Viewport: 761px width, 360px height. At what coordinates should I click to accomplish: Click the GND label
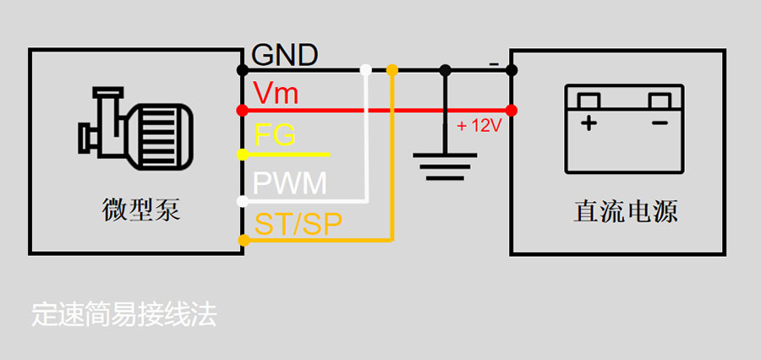click(285, 56)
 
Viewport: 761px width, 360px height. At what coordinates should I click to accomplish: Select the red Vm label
click(276, 93)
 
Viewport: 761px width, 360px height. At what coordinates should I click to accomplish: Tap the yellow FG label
click(275, 136)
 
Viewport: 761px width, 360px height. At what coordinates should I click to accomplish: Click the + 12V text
click(479, 126)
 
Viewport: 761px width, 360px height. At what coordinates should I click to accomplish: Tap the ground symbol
click(445, 166)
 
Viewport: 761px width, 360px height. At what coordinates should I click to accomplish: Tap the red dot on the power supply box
click(511, 110)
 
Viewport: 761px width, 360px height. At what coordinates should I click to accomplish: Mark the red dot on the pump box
click(243, 110)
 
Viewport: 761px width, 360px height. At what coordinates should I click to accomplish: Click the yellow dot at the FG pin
click(243, 155)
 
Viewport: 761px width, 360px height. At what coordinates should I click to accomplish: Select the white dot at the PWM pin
click(243, 201)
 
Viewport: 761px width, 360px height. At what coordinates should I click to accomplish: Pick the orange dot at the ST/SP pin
click(244, 241)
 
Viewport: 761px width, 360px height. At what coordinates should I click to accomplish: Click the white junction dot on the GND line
click(365, 69)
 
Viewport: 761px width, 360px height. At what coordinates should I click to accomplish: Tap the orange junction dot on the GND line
click(391, 69)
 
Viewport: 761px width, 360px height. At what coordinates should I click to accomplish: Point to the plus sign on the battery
click(588, 123)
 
